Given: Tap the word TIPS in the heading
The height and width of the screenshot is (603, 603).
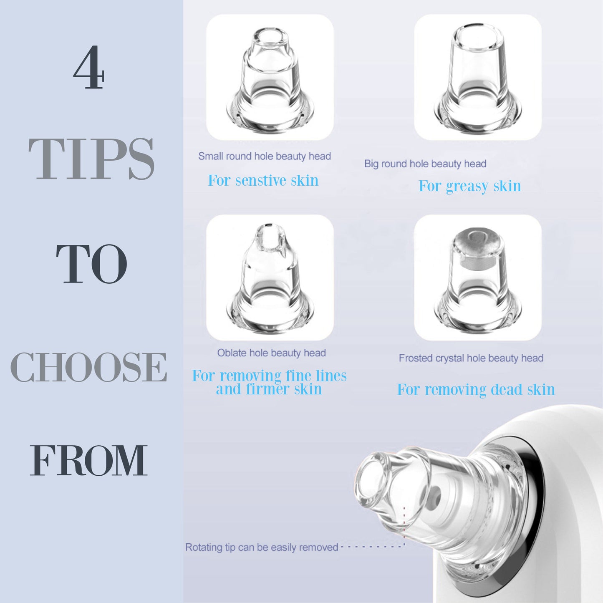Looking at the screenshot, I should tap(91, 159).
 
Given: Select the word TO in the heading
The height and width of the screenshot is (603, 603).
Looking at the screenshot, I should tap(91, 264).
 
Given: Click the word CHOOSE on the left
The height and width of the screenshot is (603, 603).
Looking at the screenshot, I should tap(88, 367).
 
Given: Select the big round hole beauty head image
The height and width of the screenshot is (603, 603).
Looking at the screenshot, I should tap(477, 78).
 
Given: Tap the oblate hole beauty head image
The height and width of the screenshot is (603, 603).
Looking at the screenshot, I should tap(270, 278).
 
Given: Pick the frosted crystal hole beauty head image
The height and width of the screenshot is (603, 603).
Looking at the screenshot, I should tap(477, 278).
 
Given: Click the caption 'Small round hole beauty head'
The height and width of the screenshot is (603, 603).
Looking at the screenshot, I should tap(264, 156).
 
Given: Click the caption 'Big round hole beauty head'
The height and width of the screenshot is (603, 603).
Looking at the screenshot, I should tap(425, 164).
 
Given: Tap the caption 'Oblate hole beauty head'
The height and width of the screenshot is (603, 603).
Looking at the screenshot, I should tap(271, 353).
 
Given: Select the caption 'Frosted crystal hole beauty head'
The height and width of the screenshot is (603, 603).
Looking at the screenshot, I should tap(471, 358).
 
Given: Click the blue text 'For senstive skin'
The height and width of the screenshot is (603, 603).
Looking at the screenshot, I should tap(263, 181).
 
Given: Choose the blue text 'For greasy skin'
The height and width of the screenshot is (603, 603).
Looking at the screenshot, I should tap(469, 186).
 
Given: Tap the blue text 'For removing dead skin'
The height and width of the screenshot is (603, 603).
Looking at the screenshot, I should tap(476, 390).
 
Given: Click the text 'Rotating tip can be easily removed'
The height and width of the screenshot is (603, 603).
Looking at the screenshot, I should tap(261, 547).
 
